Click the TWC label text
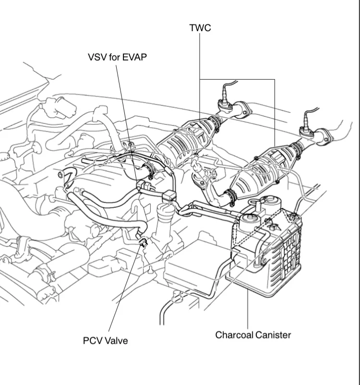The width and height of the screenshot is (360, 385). pos(200,28)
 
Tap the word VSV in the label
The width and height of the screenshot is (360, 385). pos(97,57)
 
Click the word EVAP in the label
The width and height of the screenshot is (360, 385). pos(134,57)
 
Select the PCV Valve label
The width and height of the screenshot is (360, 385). pos(105,340)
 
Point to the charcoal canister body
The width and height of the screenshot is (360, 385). pos(269,250)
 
